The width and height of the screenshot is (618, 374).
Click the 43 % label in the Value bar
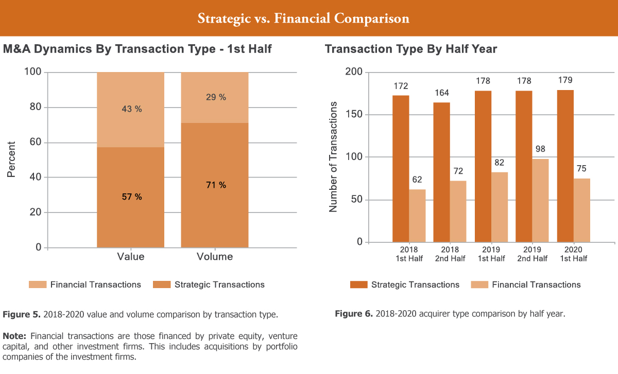point(131,109)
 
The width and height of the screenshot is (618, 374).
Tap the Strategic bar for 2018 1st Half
point(401,169)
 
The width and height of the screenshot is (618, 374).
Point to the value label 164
point(441,93)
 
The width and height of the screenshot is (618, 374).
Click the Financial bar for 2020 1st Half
point(582,210)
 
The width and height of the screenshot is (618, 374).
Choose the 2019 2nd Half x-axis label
point(533,255)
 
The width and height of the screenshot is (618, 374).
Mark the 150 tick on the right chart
point(353,115)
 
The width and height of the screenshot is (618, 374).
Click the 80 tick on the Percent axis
point(35,108)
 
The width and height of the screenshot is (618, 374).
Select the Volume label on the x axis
point(215,257)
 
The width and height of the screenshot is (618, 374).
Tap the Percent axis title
point(11,159)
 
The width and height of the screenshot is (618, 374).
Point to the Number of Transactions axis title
point(333,157)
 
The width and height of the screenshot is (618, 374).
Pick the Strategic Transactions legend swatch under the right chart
point(358,284)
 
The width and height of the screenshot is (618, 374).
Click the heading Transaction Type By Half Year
point(411,49)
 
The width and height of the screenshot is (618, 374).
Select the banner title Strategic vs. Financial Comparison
point(303,19)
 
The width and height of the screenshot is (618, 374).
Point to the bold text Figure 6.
point(353,314)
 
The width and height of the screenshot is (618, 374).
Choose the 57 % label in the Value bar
point(131,197)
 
